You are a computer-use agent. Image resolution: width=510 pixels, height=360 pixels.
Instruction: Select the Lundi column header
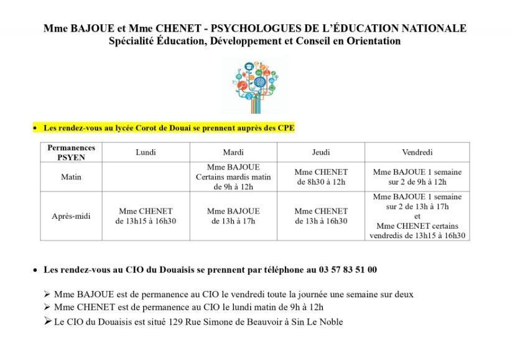pyautogui.click(x=146, y=152)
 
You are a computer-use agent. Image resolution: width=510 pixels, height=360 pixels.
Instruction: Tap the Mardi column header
pyautogui.click(x=233, y=152)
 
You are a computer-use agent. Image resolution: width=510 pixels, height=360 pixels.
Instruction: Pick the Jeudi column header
pyautogui.click(x=321, y=152)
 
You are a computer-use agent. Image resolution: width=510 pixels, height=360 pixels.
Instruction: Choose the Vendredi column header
pyautogui.click(x=417, y=152)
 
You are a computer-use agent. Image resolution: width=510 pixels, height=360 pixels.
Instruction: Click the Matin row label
pyautogui.click(x=72, y=177)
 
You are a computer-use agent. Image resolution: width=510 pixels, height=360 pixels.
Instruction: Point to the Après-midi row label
pyautogui.click(x=72, y=216)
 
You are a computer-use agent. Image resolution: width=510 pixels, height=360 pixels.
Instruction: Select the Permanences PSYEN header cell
pyautogui.click(x=72, y=152)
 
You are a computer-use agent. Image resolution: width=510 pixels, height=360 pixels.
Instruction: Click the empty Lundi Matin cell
pyautogui.click(x=146, y=177)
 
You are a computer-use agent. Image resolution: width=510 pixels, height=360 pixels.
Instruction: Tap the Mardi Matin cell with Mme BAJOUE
pyautogui.click(x=233, y=177)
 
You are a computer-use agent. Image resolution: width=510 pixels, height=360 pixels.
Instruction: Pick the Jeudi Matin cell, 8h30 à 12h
pyautogui.click(x=321, y=177)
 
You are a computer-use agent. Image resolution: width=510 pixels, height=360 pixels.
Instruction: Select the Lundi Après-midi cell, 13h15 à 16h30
pyautogui.click(x=146, y=216)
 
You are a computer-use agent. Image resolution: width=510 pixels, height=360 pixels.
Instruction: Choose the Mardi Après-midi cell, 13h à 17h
pyautogui.click(x=233, y=216)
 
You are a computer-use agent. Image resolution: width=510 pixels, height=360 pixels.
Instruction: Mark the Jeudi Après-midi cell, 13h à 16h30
pyautogui.click(x=321, y=216)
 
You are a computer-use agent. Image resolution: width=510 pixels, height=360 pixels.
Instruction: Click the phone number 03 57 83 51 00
pyautogui.click(x=348, y=270)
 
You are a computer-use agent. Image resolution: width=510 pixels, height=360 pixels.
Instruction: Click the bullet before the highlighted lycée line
pyautogui.click(x=35, y=129)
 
